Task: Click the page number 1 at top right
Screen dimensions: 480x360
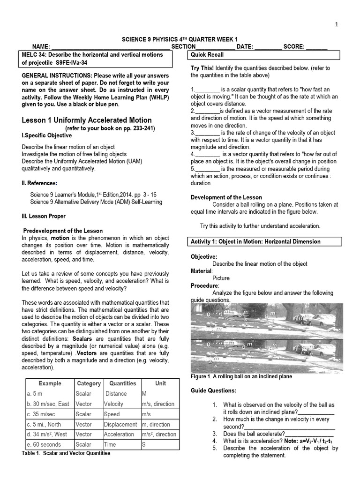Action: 349,24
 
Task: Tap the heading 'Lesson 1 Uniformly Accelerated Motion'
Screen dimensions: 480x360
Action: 87,120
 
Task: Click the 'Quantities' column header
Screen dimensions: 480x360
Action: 122,383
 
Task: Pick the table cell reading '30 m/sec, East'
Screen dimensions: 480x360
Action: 48,404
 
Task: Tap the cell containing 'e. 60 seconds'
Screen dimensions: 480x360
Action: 44,444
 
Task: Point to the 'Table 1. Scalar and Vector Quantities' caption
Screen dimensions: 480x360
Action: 66,453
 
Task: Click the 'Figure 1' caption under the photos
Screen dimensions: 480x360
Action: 241,376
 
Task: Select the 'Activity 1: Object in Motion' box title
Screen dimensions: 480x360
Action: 255,241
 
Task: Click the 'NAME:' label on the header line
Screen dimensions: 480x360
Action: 40,47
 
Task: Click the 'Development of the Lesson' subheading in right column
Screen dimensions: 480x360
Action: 226,197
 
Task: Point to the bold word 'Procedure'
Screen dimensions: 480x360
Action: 204,285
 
